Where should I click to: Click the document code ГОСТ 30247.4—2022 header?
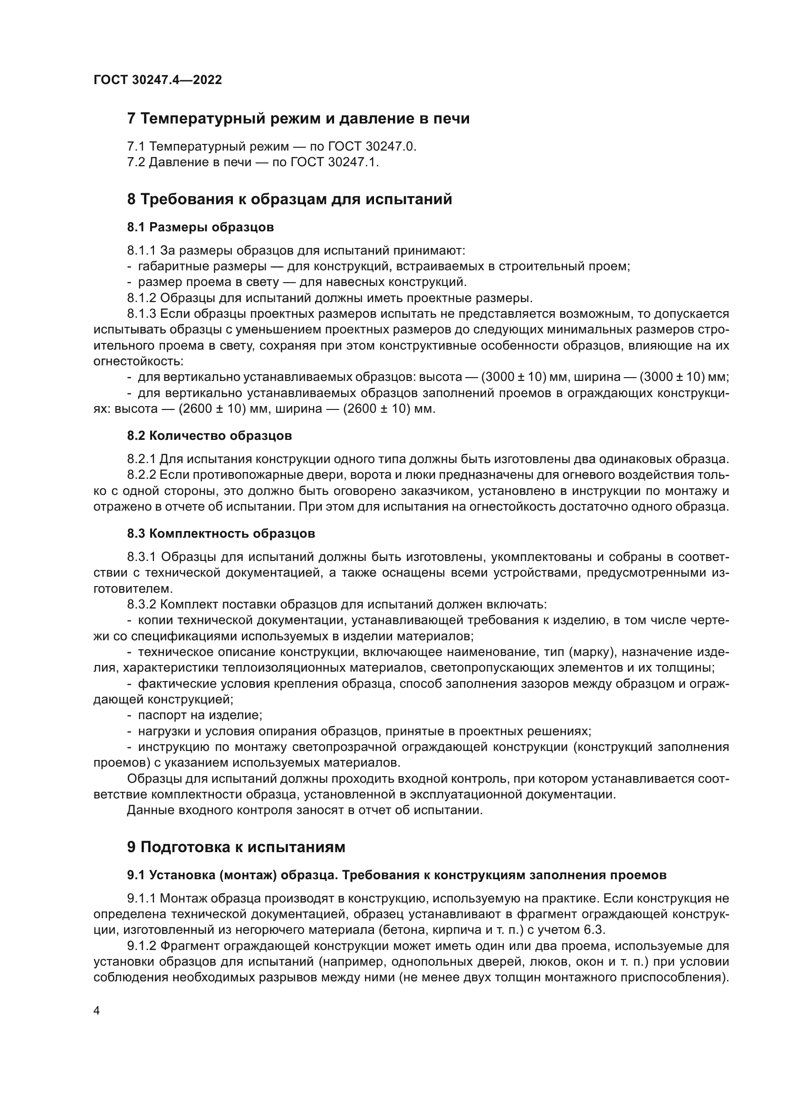pos(157,80)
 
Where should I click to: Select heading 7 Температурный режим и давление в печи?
pos(298,119)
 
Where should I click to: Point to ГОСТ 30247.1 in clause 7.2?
pos(335,162)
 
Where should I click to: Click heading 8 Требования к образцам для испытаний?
pos(289,199)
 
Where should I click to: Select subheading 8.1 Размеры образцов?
pos(201,227)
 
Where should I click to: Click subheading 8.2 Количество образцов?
pos(210,436)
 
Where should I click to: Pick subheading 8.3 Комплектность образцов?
pos(221,534)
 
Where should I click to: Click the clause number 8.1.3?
pos(141,314)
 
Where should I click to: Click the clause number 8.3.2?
pos(141,605)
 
